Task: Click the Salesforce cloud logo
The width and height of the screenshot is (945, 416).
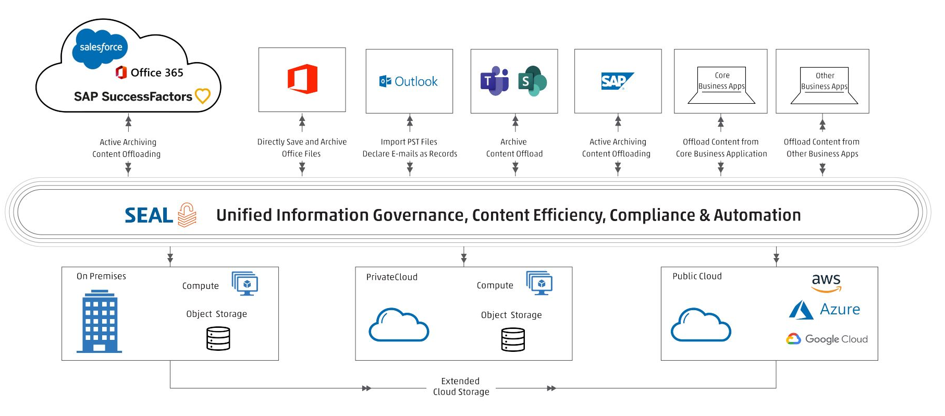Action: click(101, 48)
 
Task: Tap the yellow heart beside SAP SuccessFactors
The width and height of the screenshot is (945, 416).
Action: click(202, 96)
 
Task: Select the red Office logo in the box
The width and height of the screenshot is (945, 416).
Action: click(302, 79)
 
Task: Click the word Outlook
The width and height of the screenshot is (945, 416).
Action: click(416, 81)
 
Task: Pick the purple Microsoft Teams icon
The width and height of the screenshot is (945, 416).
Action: click(494, 81)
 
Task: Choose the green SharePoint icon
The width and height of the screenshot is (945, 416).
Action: click(532, 81)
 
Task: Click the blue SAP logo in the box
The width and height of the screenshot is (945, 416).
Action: click(617, 81)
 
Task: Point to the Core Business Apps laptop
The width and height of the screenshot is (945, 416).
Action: click(721, 85)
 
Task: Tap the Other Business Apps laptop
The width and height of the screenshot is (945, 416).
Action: click(824, 85)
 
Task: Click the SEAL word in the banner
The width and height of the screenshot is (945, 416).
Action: click(149, 215)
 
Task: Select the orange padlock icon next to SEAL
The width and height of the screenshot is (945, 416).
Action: click(187, 215)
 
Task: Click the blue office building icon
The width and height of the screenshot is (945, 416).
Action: click(100, 322)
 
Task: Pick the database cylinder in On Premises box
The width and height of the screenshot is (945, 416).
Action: click(218, 338)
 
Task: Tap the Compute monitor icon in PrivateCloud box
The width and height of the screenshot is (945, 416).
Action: click(539, 283)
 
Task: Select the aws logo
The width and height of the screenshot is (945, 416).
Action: click(826, 282)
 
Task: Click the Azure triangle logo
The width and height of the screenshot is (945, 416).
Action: click(801, 310)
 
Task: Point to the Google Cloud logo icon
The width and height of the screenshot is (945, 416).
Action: click(793, 339)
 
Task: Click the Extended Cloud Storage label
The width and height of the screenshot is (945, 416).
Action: click(461, 386)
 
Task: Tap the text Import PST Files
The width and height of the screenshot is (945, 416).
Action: click(409, 142)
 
